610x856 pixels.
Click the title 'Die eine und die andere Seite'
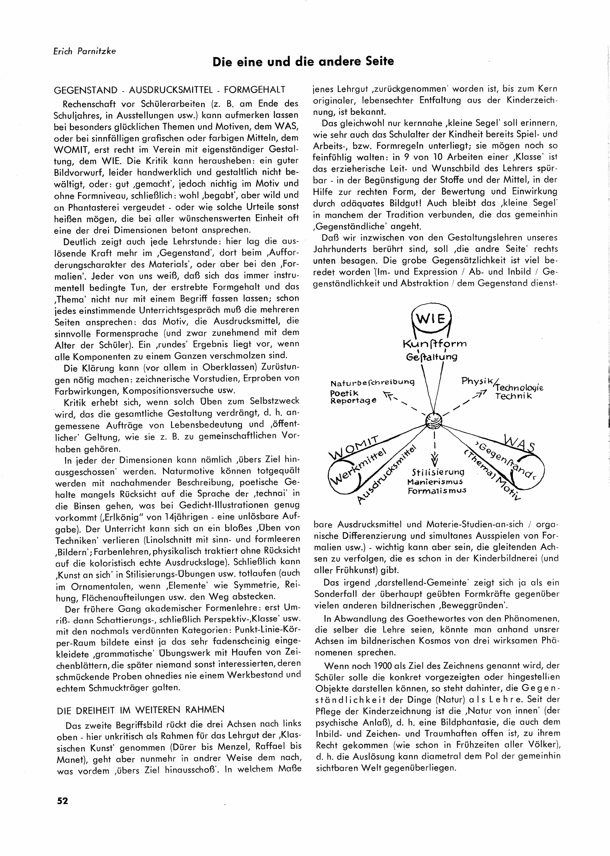(303, 61)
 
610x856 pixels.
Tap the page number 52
(63, 801)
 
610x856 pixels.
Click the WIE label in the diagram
(431, 320)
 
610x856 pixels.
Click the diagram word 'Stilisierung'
(438, 473)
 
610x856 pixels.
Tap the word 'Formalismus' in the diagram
(437, 490)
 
